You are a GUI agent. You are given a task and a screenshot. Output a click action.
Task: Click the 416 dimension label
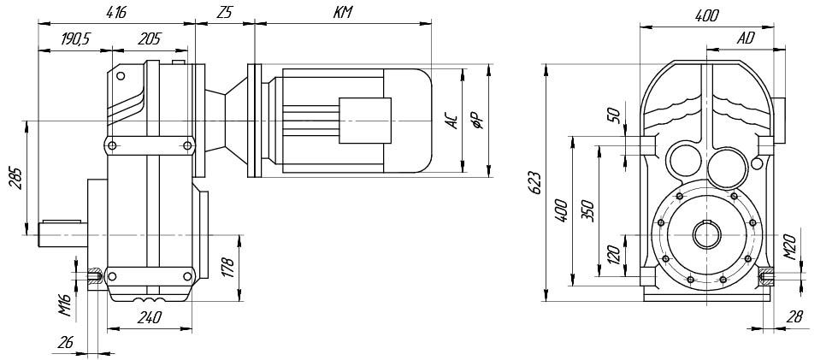116,13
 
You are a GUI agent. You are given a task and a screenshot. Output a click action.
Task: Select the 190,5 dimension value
75,39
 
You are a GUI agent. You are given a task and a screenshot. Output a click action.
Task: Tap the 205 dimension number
149,39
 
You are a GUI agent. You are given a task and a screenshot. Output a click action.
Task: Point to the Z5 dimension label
224,13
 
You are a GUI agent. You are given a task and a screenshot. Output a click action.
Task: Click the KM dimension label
343,13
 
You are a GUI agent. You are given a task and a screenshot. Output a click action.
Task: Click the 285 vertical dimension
16,179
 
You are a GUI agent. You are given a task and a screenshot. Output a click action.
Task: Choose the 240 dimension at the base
149,318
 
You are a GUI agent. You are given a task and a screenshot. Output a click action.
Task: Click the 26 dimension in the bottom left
65,342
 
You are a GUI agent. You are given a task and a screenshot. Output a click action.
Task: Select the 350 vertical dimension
587,211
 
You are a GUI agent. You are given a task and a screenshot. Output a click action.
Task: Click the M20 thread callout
791,247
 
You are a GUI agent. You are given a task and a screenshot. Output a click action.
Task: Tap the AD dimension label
746,38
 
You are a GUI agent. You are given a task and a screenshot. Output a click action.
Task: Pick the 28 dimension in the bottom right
795,316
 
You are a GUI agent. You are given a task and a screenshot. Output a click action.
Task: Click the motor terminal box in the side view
365,121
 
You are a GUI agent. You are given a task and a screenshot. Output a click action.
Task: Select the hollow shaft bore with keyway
707,234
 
